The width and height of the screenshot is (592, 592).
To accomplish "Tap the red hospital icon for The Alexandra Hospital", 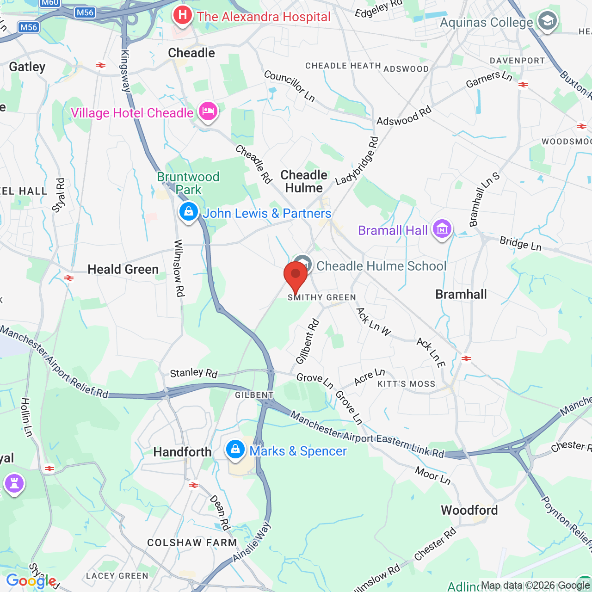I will coord(183,15).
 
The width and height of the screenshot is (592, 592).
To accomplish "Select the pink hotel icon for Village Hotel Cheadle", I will coord(208,111).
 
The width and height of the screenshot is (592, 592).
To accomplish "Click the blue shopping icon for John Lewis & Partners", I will coord(188,212).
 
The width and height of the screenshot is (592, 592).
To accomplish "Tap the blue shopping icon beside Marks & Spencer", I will coord(235,449).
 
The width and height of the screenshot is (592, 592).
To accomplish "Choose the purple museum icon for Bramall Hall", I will coord(442,228).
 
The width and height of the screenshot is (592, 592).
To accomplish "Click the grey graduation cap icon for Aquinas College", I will coord(548,21).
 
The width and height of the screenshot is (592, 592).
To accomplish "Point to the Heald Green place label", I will coord(123,269).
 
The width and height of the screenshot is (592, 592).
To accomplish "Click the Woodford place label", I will coord(469,510).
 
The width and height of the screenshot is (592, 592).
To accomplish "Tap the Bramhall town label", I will coord(461,294).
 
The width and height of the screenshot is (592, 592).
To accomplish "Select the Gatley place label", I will coord(27,67).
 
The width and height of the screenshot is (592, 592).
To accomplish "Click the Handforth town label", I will coord(182,452).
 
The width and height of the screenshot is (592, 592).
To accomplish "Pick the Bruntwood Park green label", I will coord(188,183).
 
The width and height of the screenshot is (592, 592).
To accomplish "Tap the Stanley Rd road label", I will coord(193,373).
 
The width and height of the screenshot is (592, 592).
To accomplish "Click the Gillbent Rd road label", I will coord(308,341).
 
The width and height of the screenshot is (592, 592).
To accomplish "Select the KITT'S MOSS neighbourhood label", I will coord(407,384).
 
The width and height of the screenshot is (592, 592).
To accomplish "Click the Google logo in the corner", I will coord(31,581).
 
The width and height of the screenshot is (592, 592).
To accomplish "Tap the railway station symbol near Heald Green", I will coord(69,278).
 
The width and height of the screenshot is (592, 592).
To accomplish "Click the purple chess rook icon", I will coord(14,484).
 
